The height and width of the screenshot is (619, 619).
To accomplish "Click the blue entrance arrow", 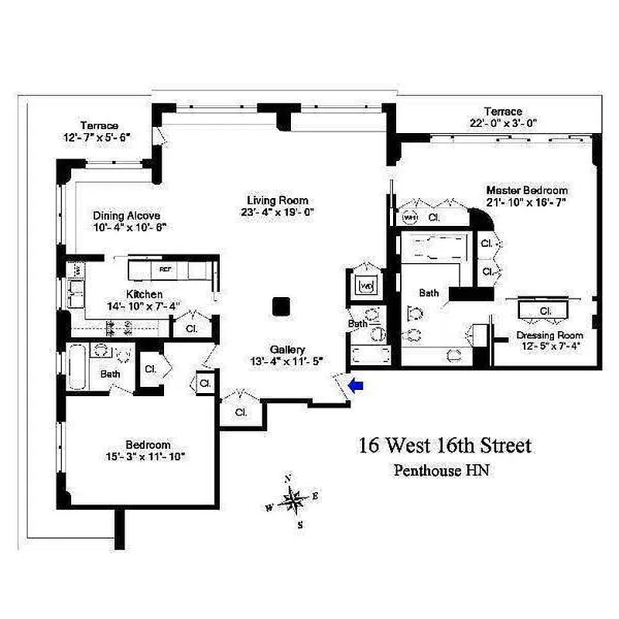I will (357, 385).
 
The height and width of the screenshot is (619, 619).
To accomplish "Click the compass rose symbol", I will (293, 501).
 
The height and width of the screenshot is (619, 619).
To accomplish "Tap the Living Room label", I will (278, 200).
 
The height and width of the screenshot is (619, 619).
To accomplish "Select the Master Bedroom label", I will (526, 190).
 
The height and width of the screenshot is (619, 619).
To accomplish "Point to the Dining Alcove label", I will (126, 216).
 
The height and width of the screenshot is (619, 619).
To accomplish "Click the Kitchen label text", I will (145, 294).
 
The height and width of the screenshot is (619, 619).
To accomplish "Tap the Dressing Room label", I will (549, 336).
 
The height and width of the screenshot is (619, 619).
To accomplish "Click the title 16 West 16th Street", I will (444, 446).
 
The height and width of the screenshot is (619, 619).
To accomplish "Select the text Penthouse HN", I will (443, 469).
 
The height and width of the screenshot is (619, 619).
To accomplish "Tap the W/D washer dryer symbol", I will (366, 286).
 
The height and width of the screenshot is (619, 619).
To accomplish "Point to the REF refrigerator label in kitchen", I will (165, 269).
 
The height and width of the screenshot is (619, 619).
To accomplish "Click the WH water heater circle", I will (410, 217).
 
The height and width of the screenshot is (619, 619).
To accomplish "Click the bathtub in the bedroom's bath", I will (78, 371).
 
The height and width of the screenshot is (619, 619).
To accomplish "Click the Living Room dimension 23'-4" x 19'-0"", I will (278, 211).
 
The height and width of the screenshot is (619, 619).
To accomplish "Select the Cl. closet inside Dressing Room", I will (545, 310).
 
